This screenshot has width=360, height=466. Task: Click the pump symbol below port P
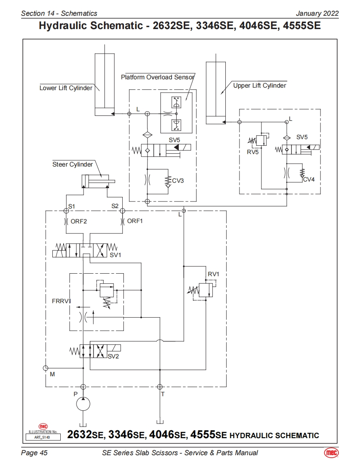coord(83,404)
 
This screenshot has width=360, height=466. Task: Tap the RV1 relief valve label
coord(213,274)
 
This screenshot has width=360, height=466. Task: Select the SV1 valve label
coord(116,255)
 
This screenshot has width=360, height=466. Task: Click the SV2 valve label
coord(113,356)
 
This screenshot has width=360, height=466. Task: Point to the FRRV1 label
coord(62,301)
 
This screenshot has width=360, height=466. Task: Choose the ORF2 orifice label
coord(79,221)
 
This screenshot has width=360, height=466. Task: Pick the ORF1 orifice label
coord(135,221)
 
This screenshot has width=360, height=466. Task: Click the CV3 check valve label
coord(178,181)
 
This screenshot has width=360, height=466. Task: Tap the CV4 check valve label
coord(309,179)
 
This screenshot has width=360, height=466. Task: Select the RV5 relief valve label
coord(253,152)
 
